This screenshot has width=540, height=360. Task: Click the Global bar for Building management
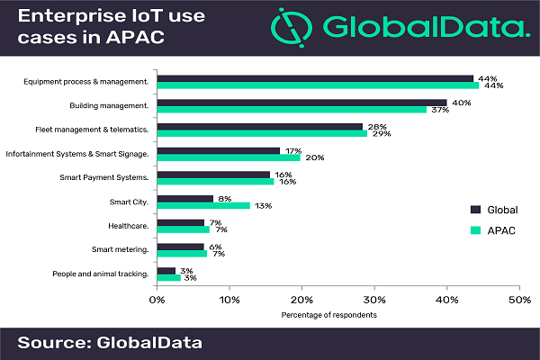[301, 103]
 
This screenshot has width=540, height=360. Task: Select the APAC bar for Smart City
[203, 205]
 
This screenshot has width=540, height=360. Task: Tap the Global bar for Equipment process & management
[315, 78]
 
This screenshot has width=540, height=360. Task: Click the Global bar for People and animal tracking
[166, 270]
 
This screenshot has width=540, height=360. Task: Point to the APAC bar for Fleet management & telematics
[262, 132]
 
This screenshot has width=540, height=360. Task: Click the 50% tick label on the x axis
[518, 299]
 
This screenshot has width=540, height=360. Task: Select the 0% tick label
[157, 299]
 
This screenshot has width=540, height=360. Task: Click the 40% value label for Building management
[461, 103]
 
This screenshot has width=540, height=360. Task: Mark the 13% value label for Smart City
[264, 205]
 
